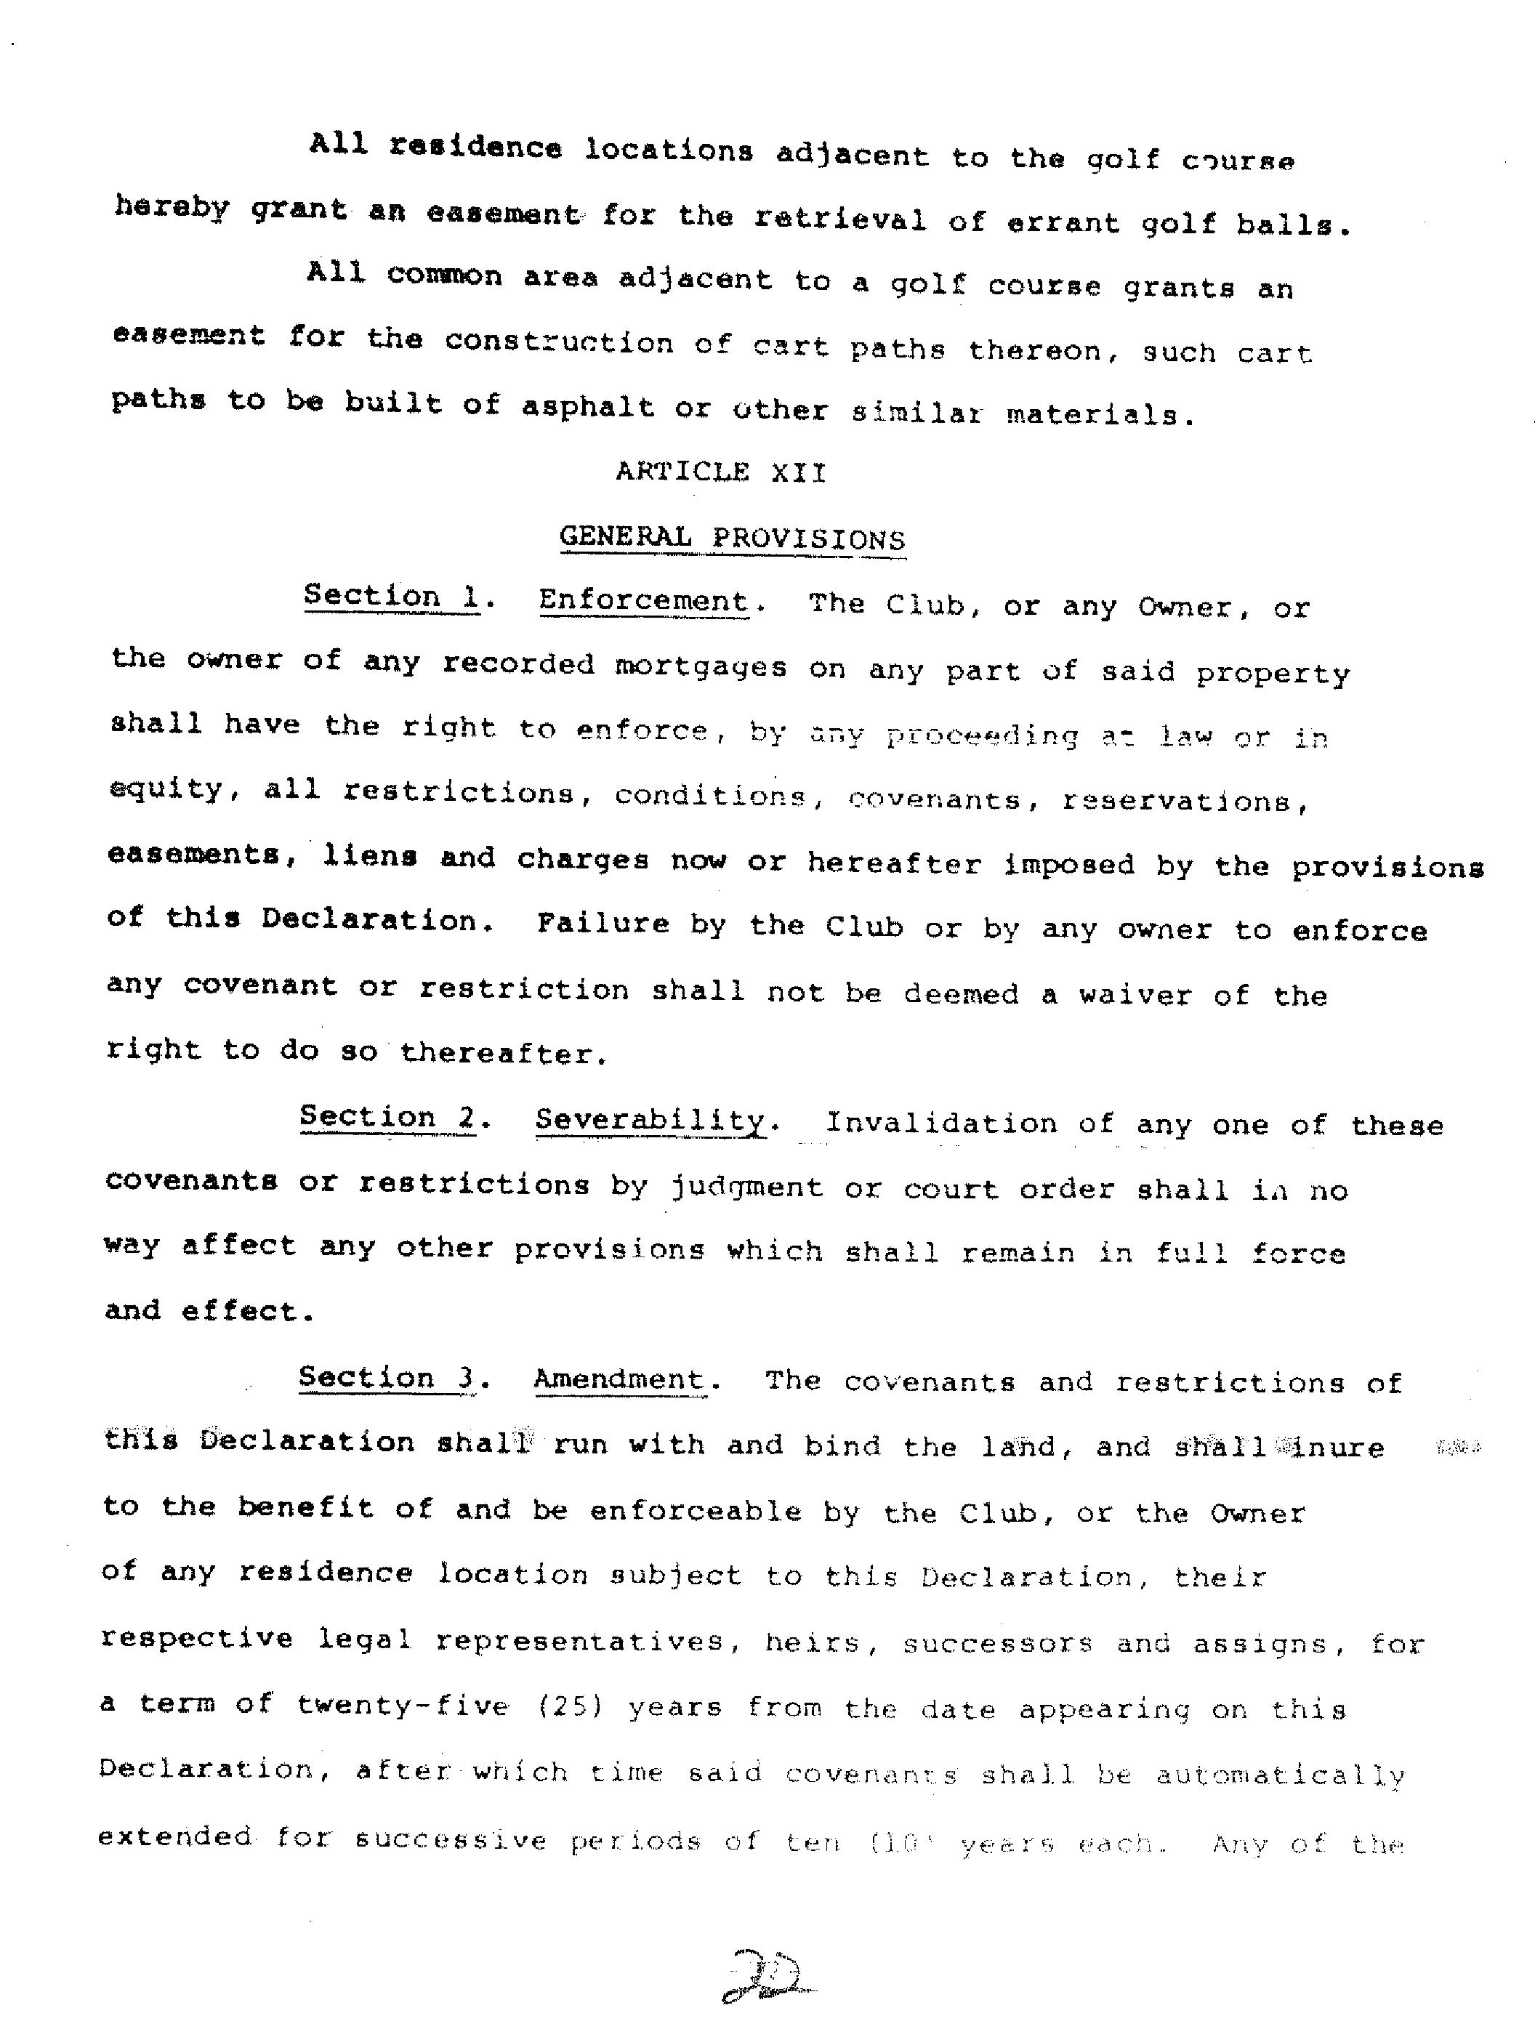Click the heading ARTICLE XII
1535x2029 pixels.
click(720, 472)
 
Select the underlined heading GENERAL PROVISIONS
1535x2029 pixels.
click(732, 538)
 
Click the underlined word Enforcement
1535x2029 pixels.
click(643, 601)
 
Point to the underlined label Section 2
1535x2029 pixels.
click(387, 1117)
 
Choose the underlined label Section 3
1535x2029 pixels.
click(386, 1378)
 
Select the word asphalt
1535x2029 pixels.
click(587, 406)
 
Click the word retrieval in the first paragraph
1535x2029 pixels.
click(839, 220)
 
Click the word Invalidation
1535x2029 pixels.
click(941, 1123)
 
